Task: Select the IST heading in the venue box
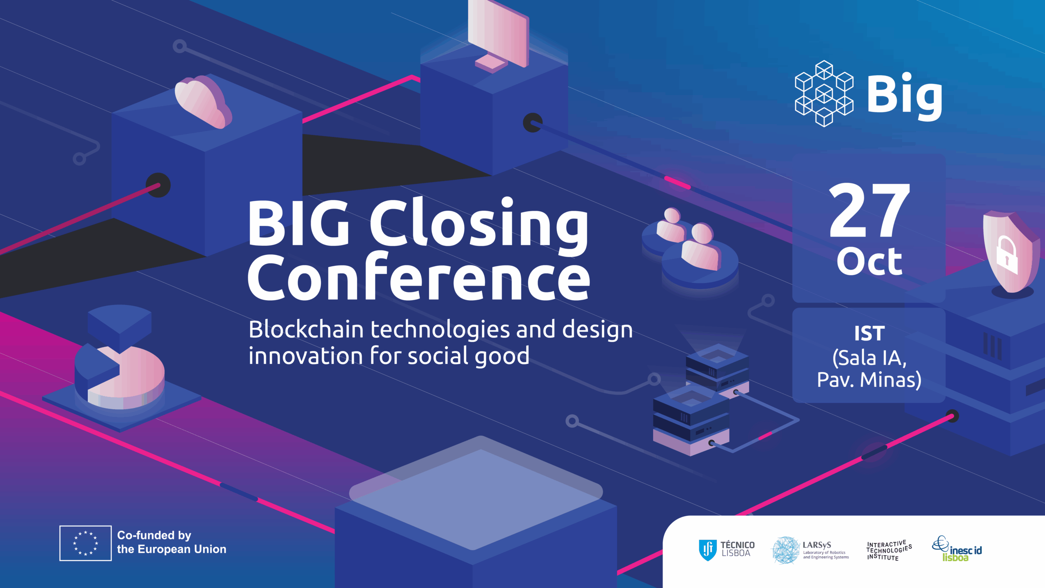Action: [869, 334]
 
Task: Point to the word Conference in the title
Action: [419, 277]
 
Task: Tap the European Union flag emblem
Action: [85, 543]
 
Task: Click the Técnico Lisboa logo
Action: [727, 550]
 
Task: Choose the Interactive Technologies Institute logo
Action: [889, 550]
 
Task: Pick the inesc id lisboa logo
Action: [957, 549]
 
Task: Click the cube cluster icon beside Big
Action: [824, 94]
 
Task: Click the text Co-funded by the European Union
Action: [171, 542]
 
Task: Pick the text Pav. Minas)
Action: [869, 380]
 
